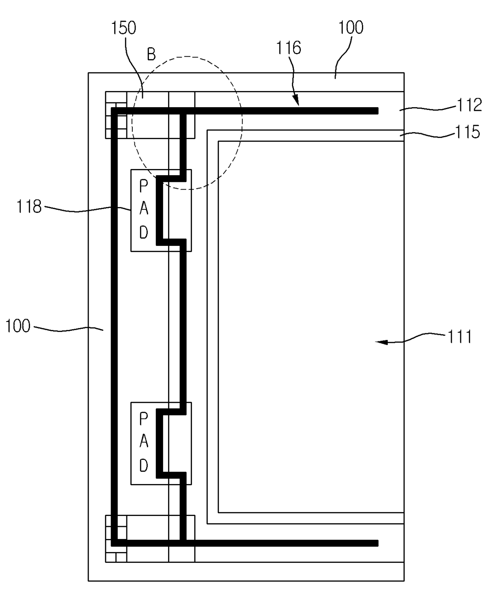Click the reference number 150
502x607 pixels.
[x=124, y=28]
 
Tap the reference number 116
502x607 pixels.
[x=289, y=48]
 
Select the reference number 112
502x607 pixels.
[x=470, y=105]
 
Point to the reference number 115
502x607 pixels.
[x=468, y=132]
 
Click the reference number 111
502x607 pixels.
[x=459, y=337]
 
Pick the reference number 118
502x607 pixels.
[x=29, y=207]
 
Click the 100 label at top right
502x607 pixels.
[x=351, y=27]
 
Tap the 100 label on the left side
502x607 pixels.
[x=18, y=326]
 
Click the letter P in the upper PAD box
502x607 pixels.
[x=143, y=186]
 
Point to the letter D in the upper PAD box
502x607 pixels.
[x=143, y=233]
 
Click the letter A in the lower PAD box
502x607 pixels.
[x=143, y=442]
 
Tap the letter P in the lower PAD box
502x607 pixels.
[x=143, y=419]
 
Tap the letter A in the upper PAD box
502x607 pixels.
[x=143, y=209]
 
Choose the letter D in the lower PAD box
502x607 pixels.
[x=143, y=466]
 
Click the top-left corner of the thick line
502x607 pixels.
[x=114, y=111]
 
